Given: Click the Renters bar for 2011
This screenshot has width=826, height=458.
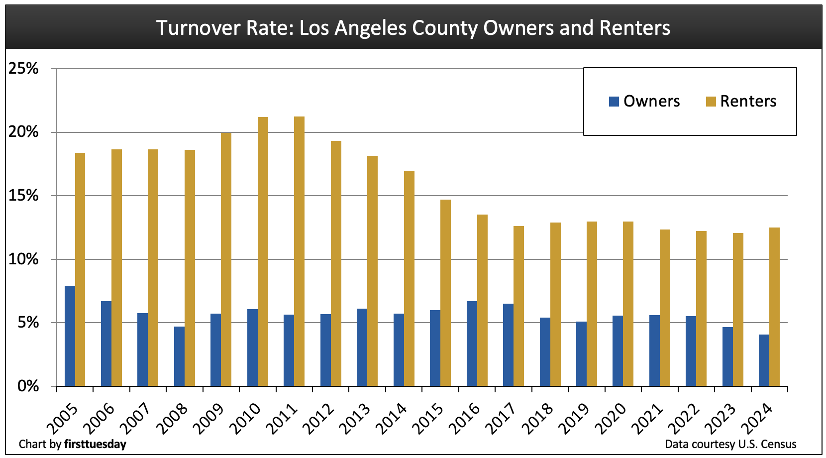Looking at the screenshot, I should (x=299, y=251).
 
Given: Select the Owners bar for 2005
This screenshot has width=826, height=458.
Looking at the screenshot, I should (x=70, y=336).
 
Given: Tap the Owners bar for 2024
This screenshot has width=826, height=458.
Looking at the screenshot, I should (x=764, y=360).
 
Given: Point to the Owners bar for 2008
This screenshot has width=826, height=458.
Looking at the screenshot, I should (x=179, y=356).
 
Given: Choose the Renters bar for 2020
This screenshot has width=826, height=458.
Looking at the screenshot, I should (x=628, y=304).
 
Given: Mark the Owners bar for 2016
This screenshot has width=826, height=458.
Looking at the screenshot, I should (x=472, y=343).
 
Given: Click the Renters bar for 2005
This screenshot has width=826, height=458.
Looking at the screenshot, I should (x=80, y=269).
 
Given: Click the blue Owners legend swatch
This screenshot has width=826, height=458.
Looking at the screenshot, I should (x=614, y=102).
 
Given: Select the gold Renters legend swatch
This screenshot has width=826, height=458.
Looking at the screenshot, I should (x=711, y=102).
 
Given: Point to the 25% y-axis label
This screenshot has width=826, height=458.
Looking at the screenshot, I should (x=23, y=69).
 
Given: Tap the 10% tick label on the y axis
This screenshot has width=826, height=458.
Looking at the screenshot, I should (x=23, y=259).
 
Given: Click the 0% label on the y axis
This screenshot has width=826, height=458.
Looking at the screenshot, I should (x=28, y=386).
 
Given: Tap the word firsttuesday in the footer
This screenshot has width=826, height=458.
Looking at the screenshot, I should (x=95, y=444).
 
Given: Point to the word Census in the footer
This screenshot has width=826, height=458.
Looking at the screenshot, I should (x=779, y=444).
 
